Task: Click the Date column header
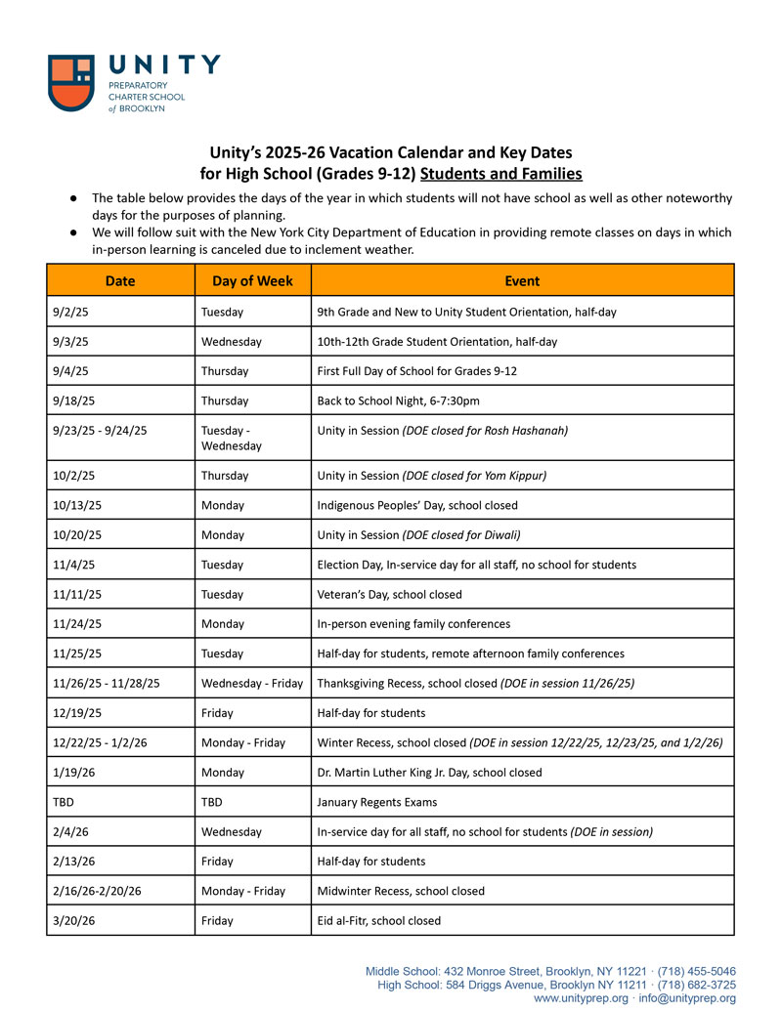120,280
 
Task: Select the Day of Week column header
252,280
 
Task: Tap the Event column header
522,280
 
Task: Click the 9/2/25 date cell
69,312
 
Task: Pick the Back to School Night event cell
406,400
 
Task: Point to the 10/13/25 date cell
73,505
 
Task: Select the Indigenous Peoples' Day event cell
417,505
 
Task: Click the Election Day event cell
477,565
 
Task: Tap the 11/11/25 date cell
73,594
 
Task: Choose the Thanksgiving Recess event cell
476,683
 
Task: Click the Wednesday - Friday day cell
251,683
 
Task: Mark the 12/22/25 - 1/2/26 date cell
103,742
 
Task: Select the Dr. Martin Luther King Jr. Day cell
429,772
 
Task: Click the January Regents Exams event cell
377,802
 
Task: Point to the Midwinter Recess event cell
401,891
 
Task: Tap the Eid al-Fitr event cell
379,920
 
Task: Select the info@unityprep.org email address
687,998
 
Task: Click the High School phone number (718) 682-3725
697,985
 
